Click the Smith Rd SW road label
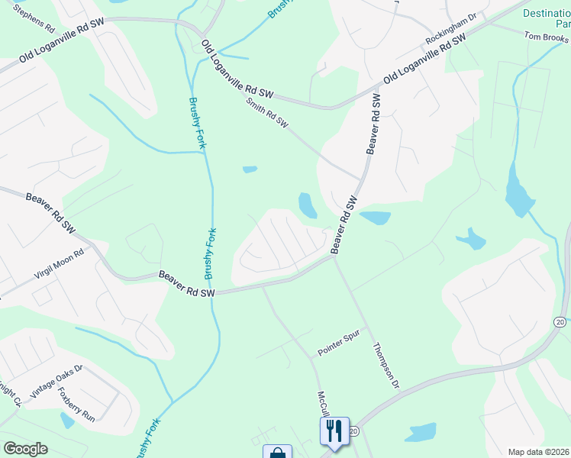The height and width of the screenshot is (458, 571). click(266, 111)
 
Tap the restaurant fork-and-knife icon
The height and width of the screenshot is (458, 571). click(334, 431)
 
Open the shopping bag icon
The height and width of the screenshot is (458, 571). click(277, 453)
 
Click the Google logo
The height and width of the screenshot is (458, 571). click(25, 449)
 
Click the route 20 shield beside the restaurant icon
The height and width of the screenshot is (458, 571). click(353, 432)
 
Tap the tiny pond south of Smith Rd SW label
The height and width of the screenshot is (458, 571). click(250, 169)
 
